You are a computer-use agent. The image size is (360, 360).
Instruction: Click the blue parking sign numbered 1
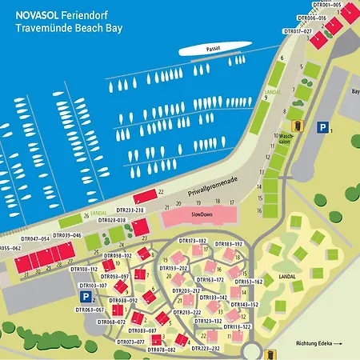[x=322, y=126]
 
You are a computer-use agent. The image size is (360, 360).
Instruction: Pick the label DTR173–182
[x=192, y=241]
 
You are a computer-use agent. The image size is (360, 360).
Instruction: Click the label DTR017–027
[x=298, y=30]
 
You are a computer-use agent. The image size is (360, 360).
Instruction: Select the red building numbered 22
[x=146, y=195]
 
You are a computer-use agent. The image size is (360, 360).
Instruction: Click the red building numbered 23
[x=140, y=228]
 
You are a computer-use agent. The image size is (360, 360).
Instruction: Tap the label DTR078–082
[x=162, y=350]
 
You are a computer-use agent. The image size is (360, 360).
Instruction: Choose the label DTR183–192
[x=229, y=243]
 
